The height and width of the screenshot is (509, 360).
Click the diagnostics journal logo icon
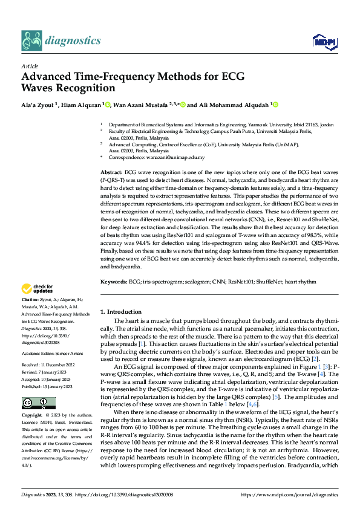31,41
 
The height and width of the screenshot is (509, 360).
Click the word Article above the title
30,66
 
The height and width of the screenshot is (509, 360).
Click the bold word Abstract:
111,172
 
